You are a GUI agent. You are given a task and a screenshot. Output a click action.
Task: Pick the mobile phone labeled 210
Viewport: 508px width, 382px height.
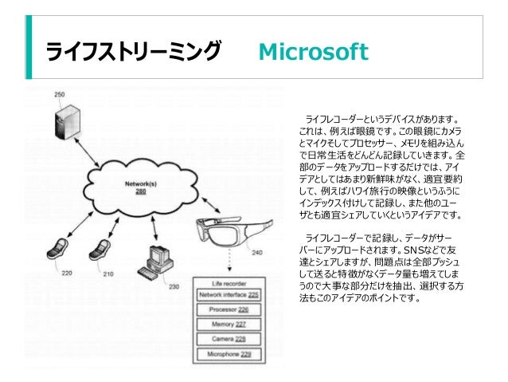(100, 250)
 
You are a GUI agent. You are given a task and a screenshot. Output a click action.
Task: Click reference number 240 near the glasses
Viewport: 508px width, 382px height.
(256, 254)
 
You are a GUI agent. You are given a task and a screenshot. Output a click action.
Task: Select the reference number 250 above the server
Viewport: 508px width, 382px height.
(60, 95)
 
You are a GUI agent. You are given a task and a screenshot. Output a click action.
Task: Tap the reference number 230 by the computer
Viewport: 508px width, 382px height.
(174, 287)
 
